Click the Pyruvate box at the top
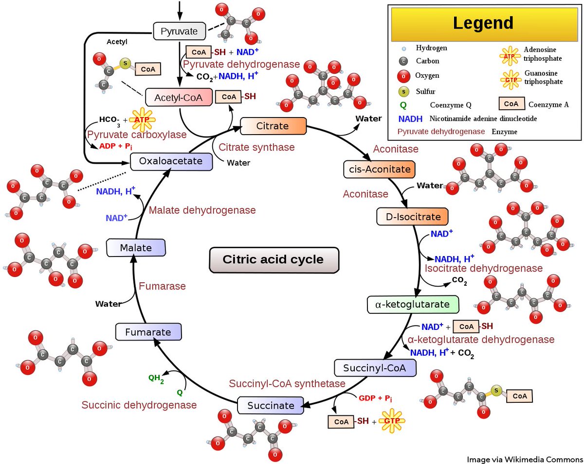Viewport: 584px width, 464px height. click(179, 32)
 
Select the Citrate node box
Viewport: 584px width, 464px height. click(273, 126)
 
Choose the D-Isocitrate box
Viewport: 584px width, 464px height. click(412, 216)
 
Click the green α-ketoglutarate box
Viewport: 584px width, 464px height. click(413, 304)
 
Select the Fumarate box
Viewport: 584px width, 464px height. click(148, 333)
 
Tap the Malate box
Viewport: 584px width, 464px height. click(136, 248)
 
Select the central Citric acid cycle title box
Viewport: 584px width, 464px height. click(273, 259)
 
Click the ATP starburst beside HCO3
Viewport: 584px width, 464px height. click(142, 120)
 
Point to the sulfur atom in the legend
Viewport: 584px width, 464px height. click(402, 91)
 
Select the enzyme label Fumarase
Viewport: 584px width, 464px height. click(162, 286)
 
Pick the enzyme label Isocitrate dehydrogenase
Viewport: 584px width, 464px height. click(483, 268)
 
